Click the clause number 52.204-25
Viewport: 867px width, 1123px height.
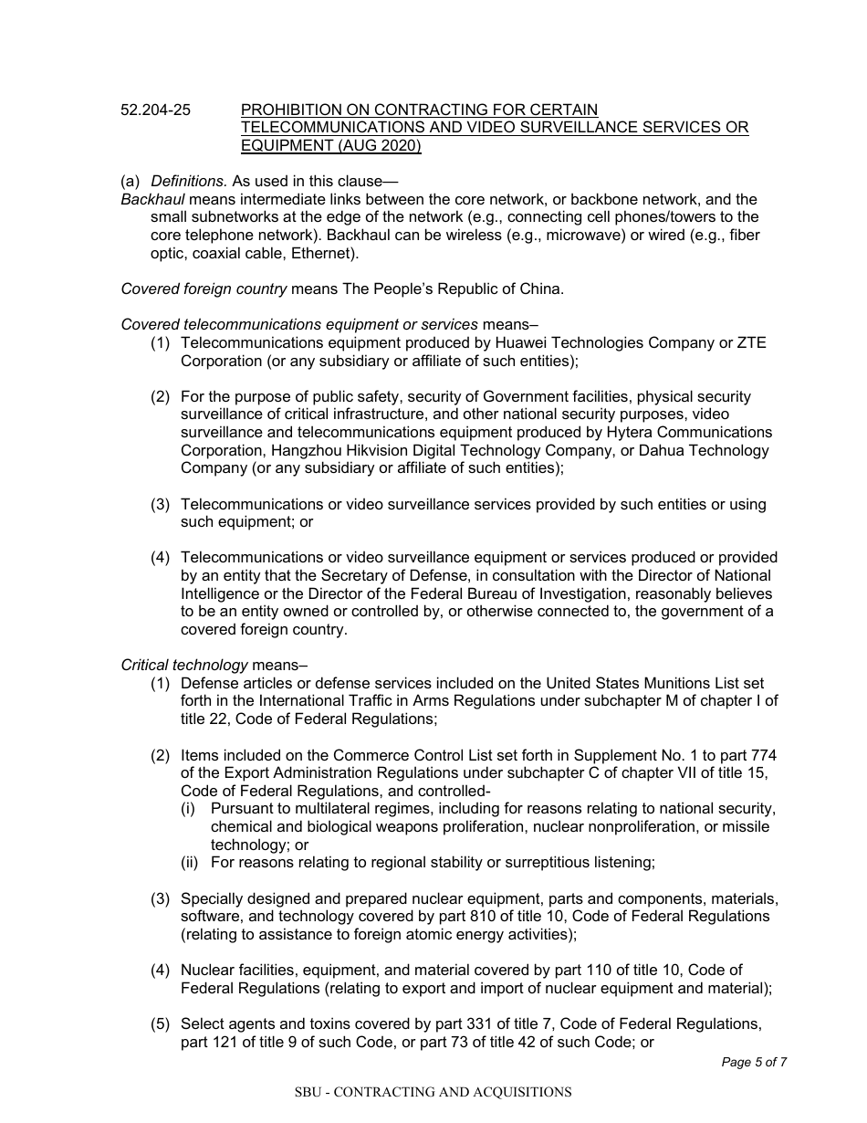156,110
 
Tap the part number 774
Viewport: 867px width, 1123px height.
762,755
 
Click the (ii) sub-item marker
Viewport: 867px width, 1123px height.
189,862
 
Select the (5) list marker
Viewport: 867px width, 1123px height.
161,1023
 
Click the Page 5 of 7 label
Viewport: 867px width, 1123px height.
754,1062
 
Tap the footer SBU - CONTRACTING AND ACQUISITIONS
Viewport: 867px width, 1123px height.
433,1092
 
